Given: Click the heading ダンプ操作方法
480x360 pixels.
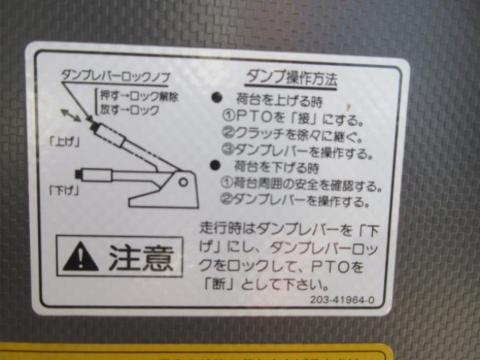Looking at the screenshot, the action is (x=291, y=79).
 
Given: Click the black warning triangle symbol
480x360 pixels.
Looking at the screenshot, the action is (x=81, y=257).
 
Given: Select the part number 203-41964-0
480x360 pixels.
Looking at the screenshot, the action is (x=342, y=299).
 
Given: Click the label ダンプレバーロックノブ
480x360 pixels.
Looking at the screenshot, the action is (x=115, y=76).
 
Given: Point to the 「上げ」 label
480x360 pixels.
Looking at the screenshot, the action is (x=65, y=142).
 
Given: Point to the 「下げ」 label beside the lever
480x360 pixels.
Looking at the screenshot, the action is (x=65, y=191).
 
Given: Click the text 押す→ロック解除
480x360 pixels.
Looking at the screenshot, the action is (x=139, y=96).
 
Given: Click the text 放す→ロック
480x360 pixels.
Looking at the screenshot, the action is (x=130, y=109).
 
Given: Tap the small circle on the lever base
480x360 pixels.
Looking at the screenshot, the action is (x=183, y=183).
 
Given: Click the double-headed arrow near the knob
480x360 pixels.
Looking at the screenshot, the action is (x=70, y=115).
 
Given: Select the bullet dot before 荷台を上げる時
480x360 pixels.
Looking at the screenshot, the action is (x=217, y=98).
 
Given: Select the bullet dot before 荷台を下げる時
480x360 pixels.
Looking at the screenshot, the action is (x=215, y=165).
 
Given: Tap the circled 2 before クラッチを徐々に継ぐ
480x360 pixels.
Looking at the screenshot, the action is (x=228, y=133).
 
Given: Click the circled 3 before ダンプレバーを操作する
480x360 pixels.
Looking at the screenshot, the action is (x=228, y=150).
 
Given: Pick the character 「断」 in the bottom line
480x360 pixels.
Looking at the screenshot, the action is (x=219, y=284).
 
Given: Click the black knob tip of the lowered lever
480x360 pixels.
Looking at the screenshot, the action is (x=79, y=174).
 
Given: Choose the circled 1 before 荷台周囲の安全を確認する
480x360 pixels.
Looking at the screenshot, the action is (x=227, y=183).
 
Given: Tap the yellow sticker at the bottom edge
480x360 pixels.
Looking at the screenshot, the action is (x=196, y=352).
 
